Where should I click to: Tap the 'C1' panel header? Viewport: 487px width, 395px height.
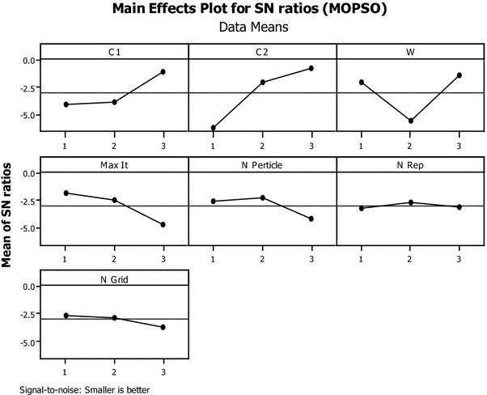pos(114,52)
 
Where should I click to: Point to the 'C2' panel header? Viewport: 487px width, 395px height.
pos(262,52)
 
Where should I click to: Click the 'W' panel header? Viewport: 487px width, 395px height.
pos(410,52)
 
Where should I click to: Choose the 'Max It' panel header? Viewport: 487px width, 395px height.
pos(114,165)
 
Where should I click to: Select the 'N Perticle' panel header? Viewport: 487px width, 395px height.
pos(262,165)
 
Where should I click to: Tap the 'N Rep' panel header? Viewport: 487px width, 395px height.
pos(410,165)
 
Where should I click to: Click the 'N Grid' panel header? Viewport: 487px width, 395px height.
pos(114,278)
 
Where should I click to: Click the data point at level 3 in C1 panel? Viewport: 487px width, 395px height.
pos(163,72)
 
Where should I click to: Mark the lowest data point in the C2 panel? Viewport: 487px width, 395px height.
pos(214,128)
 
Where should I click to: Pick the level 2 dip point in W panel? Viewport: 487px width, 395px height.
pos(411,121)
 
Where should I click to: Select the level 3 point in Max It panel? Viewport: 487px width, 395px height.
pos(163,224)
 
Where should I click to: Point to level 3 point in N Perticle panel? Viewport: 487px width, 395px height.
pos(311,219)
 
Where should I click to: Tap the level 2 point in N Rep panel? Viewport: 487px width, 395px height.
pos(411,202)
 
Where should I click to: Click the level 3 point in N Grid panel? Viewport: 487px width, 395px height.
pos(163,327)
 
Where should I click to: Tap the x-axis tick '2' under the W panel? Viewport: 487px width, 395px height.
pos(411,146)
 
